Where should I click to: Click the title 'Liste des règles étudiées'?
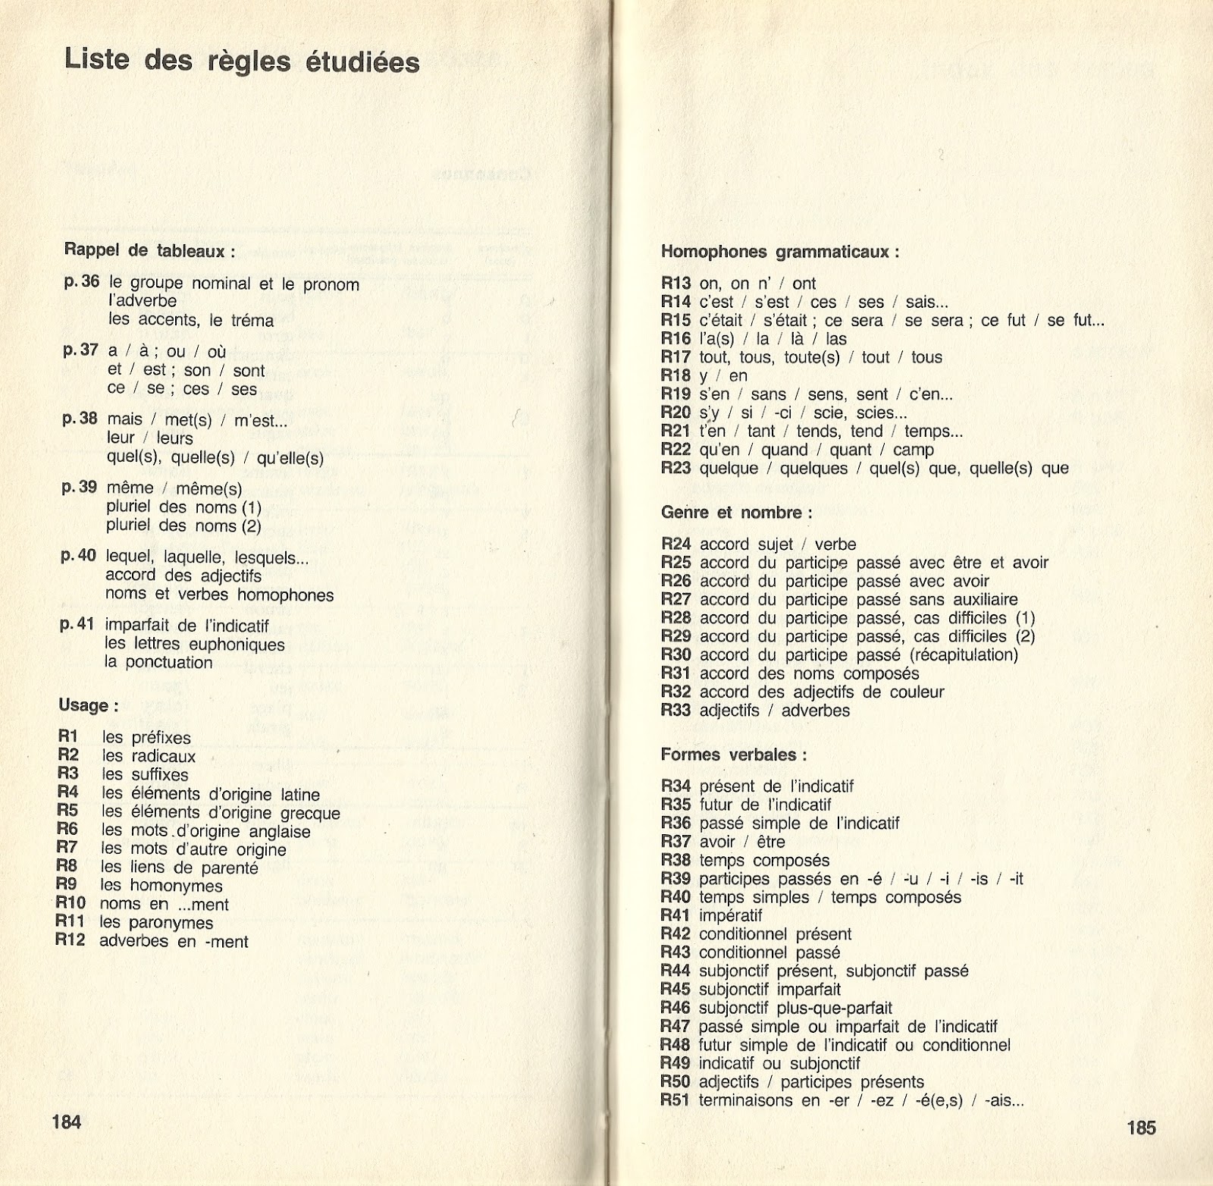(x=242, y=60)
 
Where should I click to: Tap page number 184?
(x=67, y=1121)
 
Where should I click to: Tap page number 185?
(x=1141, y=1128)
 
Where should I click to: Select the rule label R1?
(x=68, y=736)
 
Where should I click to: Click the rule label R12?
(x=71, y=940)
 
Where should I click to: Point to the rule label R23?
(x=676, y=468)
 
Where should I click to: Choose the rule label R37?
(x=675, y=841)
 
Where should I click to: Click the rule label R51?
(x=675, y=1100)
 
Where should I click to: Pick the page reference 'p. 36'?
(x=82, y=281)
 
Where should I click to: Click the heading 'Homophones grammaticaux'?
(x=780, y=252)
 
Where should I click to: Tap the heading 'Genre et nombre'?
(x=736, y=513)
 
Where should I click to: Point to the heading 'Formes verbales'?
(x=733, y=755)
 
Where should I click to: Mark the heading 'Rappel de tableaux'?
(x=149, y=249)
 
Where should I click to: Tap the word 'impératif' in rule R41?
(x=731, y=915)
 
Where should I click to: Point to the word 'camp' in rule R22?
(x=914, y=450)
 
